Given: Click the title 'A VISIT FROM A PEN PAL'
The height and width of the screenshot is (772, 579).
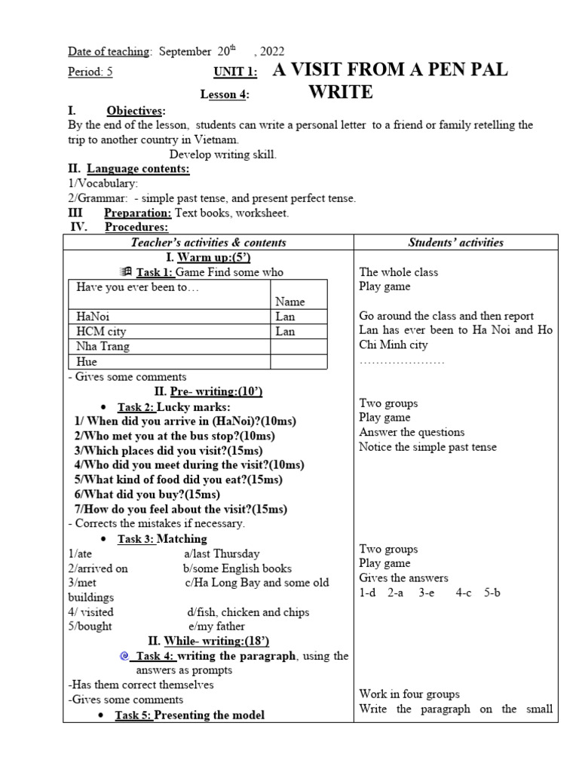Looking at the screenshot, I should (x=389, y=71).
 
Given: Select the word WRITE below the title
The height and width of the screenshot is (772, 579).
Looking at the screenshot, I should (x=341, y=93).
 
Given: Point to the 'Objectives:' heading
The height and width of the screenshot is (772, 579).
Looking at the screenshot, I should (x=136, y=111).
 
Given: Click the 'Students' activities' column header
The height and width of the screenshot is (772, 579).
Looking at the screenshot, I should (x=455, y=242).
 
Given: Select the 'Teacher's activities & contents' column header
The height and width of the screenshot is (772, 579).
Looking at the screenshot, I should (x=208, y=242).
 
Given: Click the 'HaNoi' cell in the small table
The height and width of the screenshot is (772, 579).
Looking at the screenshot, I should (x=93, y=317).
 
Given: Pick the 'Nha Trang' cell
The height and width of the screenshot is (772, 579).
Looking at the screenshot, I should (x=103, y=347).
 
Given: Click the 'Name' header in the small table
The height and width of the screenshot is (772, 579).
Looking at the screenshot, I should (x=290, y=302).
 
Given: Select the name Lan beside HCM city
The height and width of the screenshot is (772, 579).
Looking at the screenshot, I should (x=286, y=332).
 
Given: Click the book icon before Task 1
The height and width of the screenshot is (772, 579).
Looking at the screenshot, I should (x=126, y=272).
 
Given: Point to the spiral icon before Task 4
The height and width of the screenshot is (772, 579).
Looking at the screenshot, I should (x=126, y=656).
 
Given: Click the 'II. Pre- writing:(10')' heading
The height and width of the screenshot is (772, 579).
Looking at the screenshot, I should (x=208, y=391).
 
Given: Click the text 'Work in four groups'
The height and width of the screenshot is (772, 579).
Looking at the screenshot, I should (x=409, y=694).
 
